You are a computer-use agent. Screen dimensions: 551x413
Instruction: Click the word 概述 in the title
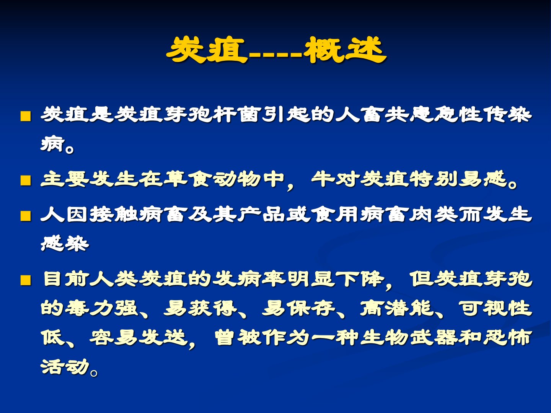(x=345, y=50)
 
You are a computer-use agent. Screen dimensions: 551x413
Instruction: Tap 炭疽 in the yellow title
(x=207, y=50)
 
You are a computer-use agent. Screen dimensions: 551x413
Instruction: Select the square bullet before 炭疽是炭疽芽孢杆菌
(x=26, y=116)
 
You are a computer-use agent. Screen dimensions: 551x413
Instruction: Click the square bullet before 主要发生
(x=26, y=180)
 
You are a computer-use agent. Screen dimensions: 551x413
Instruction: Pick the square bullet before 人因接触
(x=26, y=216)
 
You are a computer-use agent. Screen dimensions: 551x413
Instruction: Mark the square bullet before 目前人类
(x=26, y=280)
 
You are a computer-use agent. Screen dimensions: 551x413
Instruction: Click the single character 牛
(x=323, y=179)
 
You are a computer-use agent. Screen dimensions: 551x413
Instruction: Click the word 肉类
(x=433, y=214)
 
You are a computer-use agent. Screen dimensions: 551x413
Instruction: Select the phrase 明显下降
(x=335, y=279)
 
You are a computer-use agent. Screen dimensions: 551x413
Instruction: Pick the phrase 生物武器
(x=408, y=338)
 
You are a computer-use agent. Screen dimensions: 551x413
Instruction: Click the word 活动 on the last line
(x=65, y=367)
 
